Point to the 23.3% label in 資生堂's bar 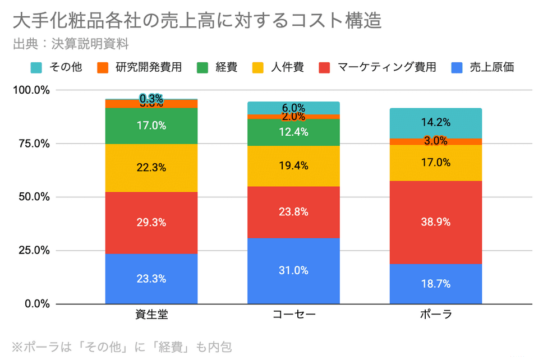[x=151, y=279]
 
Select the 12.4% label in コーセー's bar [x=293, y=132]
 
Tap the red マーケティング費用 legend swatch [x=324, y=68]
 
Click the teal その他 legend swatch [x=36, y=68]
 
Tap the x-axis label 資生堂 [x=151, y=314]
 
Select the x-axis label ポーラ [x=436, y=314]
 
